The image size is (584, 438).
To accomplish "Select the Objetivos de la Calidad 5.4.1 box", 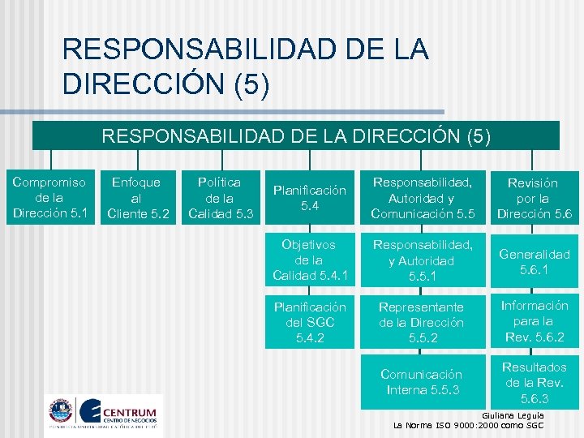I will click(x=309, y=260).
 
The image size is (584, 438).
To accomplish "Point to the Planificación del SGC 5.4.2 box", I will click(x=309, y=322).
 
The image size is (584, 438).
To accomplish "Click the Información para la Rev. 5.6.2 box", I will click(x=535, y=321).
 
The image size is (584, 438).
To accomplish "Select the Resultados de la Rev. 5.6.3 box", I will click(x=535, y=382).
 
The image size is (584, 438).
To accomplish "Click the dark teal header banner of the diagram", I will click(x=296, y=135).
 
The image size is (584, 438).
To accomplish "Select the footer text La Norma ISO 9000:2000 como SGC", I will click(x=468, y=425).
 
